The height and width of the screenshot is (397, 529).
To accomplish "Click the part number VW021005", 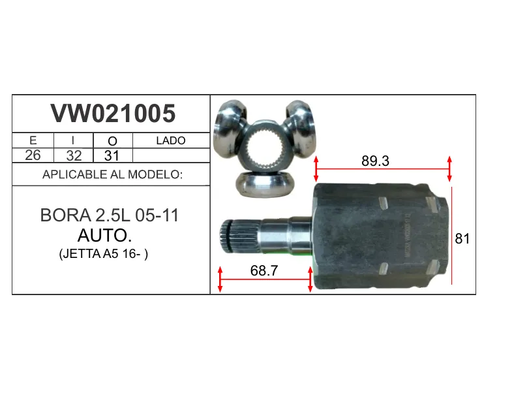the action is click(x=113, y=113).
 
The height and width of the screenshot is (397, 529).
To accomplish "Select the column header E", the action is click(x=33, y=140).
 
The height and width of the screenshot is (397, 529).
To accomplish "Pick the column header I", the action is click(x=73, y=140).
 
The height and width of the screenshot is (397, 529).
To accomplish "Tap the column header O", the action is click(x=112, y=141).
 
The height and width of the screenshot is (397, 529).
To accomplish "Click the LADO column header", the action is click(x=171, y=140).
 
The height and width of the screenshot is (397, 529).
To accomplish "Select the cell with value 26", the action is click(x=33, y=155).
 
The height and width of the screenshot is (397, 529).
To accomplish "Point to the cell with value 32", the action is click(x=74, y=155).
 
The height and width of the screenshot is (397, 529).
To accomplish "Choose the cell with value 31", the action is click(x=112, y=155).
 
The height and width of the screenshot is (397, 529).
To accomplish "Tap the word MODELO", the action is click(x=155, y=174).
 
